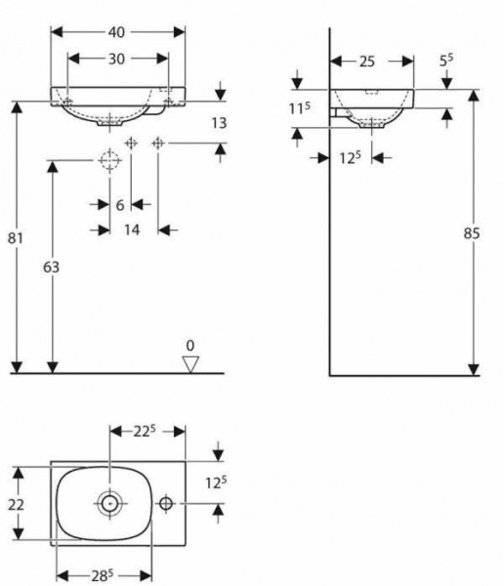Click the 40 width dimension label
click(x=116, y=32)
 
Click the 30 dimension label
click(x=116, y=59)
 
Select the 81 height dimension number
click(x=16, y=237)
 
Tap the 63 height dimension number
click(x=51, y=268)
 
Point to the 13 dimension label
click(x=219, y=123)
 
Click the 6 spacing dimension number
click(x=120, y=205)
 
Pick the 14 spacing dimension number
click(x=132, y=230)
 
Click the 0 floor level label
click(x=190, y=346)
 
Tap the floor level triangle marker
click(x=190, y=364)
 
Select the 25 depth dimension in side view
click(x=367, y=62)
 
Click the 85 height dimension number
click(x=472, y=233)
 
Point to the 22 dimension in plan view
click(x=16, y=505)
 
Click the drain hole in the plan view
click(x=109, y=503)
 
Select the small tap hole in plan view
click(x=166, y=503)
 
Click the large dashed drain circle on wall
click(x=110, y=160)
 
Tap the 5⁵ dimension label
click(x=446, y=61)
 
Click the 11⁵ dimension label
click(x=300, y=108)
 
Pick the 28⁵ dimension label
click(x=103, y=575)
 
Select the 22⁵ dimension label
click(x=145, y=432)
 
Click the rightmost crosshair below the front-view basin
click(x=158, y=143)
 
